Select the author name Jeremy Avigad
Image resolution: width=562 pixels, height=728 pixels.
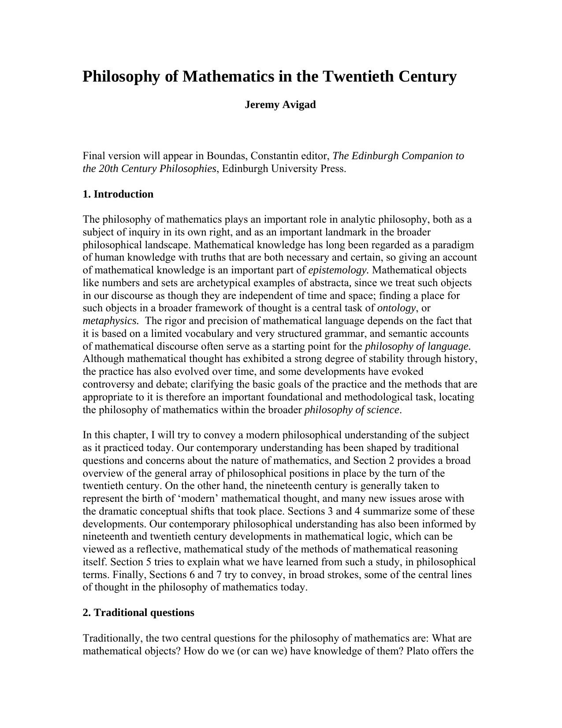(x=280, y=105)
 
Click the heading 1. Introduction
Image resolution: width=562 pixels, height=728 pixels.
(x=118, y=194)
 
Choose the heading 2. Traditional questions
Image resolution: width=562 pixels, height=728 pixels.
(x=138, y=613)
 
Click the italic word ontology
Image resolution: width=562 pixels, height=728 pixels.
(x=396, y=308)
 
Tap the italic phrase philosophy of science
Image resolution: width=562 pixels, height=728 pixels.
(x=352, y=410)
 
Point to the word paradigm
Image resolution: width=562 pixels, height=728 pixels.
(x=454, y=245)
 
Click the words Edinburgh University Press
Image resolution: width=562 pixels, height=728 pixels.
(x=284, y=169)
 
